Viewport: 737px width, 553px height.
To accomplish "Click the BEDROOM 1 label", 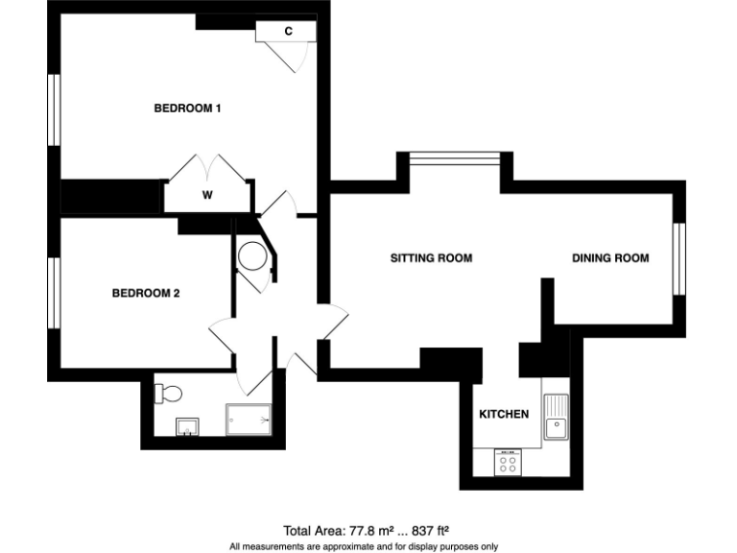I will pos(188,108).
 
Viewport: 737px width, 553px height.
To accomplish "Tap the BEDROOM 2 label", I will pos(146,294).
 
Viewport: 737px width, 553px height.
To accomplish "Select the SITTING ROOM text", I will pos(431,258).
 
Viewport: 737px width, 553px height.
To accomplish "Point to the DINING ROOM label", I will pos(610,258).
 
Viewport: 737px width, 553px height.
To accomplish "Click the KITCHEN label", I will pos(504,415).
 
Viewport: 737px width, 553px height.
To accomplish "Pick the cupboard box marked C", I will pos(286,32).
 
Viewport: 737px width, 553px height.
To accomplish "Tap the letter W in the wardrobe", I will pos(206,195).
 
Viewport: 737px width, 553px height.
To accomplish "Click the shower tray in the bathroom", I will pos(249,421).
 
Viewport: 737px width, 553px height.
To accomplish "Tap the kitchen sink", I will pos(556,416).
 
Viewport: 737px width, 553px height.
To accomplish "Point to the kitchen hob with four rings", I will pos(508,463).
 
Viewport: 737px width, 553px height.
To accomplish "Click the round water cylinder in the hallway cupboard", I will pos(253,256).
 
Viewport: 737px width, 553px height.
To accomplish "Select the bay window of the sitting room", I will pos(455,157).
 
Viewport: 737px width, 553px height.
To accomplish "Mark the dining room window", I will pos(678,259).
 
